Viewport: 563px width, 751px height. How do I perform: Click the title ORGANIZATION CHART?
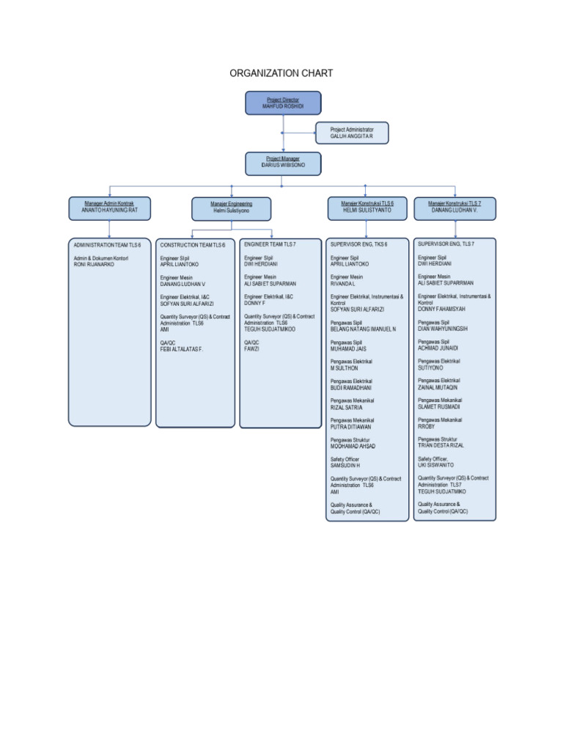click(281, 73)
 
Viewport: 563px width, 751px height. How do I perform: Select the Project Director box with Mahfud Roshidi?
click(282, 103)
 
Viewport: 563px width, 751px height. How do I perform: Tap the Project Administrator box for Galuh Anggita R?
click(352, 133)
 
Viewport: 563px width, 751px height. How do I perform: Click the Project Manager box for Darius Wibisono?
click(282, 162)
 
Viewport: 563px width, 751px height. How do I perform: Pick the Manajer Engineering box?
click(231, 208)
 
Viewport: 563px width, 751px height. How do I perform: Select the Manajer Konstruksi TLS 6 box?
click(367, 208)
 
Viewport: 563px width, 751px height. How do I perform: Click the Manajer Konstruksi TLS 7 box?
click(455, 208)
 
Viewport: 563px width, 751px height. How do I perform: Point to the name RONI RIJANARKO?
click(95, 265)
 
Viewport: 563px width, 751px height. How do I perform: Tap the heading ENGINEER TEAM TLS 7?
click(270, 243)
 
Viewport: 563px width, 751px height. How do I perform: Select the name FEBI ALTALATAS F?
click(181, 350)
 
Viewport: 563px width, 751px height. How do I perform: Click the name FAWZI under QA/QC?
click(251, 349)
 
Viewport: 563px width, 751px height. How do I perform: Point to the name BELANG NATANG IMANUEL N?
click(363, 329)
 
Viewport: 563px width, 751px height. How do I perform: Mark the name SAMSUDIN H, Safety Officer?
click(345, 466)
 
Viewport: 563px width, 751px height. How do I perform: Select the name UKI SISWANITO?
click(435, 465)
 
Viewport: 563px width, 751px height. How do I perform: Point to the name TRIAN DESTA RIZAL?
click(441, 445)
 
